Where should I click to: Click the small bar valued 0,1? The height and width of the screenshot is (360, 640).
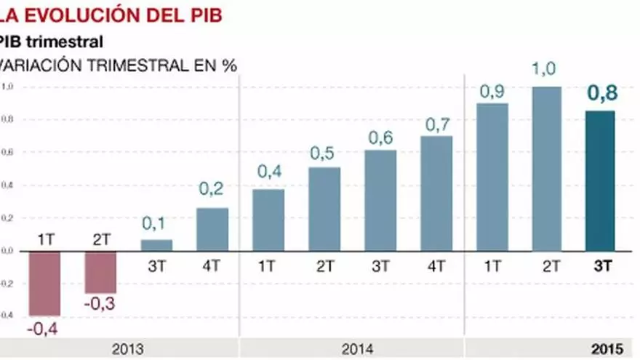tap(156, 245)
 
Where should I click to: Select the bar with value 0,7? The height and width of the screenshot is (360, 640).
tap(436, 193)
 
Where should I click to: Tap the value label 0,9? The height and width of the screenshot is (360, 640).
tap(492, 92)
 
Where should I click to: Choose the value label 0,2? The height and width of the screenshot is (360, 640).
tap(212, 190)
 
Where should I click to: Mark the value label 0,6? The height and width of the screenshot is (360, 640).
tap(380, 137)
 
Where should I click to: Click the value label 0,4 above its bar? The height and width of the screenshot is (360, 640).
tap(268, 172)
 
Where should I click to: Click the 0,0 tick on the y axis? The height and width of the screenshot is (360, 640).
tap(7, 251)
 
